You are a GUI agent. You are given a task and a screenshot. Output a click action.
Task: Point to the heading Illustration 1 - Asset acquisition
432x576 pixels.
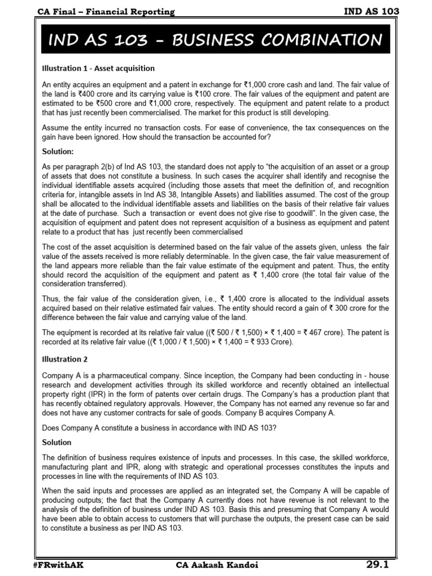pyautogui.click(x=98, y=68)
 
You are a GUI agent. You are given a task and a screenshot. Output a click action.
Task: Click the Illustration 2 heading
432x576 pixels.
pyautogui.click(x=66, y=359)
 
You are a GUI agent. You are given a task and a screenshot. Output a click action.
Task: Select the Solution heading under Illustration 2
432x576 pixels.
pyautogui.click(x=57, y=442)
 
